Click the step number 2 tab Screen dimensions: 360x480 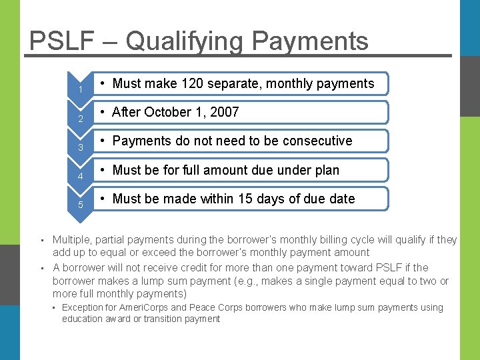[80, 119]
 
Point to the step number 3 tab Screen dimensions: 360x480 [80, 147]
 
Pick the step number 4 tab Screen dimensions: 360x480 [80, 176]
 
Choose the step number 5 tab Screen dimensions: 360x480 [80, 205]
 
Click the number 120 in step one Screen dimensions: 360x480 [194, 83]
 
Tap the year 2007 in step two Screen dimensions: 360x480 [225, 112]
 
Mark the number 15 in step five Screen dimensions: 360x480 [255, 199]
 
